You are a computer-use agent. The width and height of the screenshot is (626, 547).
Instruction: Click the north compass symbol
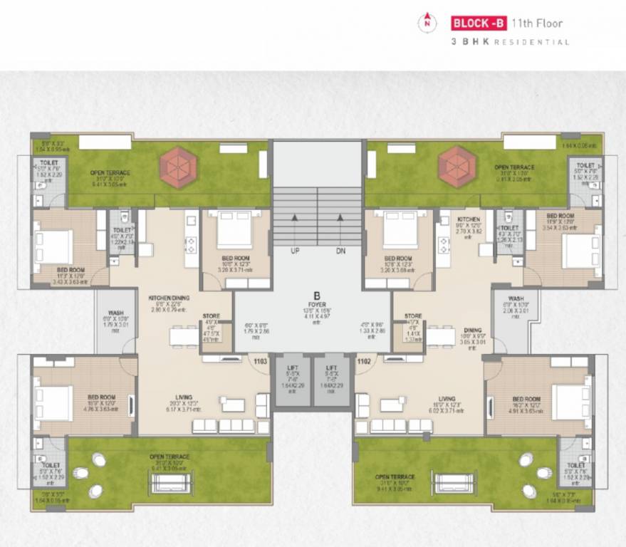pos(427,22)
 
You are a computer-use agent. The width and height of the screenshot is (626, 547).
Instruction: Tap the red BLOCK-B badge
pos(478,23)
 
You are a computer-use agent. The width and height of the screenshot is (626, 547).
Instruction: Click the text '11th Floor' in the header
pos(538,23)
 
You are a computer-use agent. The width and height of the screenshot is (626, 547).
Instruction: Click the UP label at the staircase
pos(294,251)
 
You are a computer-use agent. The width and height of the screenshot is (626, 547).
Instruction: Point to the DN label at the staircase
pos(340,251)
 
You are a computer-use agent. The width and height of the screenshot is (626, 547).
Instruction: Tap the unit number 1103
pos(260,362)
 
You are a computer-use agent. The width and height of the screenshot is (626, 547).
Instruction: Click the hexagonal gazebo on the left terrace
pos(177,167)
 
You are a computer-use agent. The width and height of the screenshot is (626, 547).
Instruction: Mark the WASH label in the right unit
pos(517,298)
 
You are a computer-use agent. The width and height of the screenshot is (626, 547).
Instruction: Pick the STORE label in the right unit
pos(412,316)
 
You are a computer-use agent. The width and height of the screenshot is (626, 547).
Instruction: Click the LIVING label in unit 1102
pos(447,399)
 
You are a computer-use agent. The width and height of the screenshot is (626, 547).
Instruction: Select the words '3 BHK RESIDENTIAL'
pos(510,42)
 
